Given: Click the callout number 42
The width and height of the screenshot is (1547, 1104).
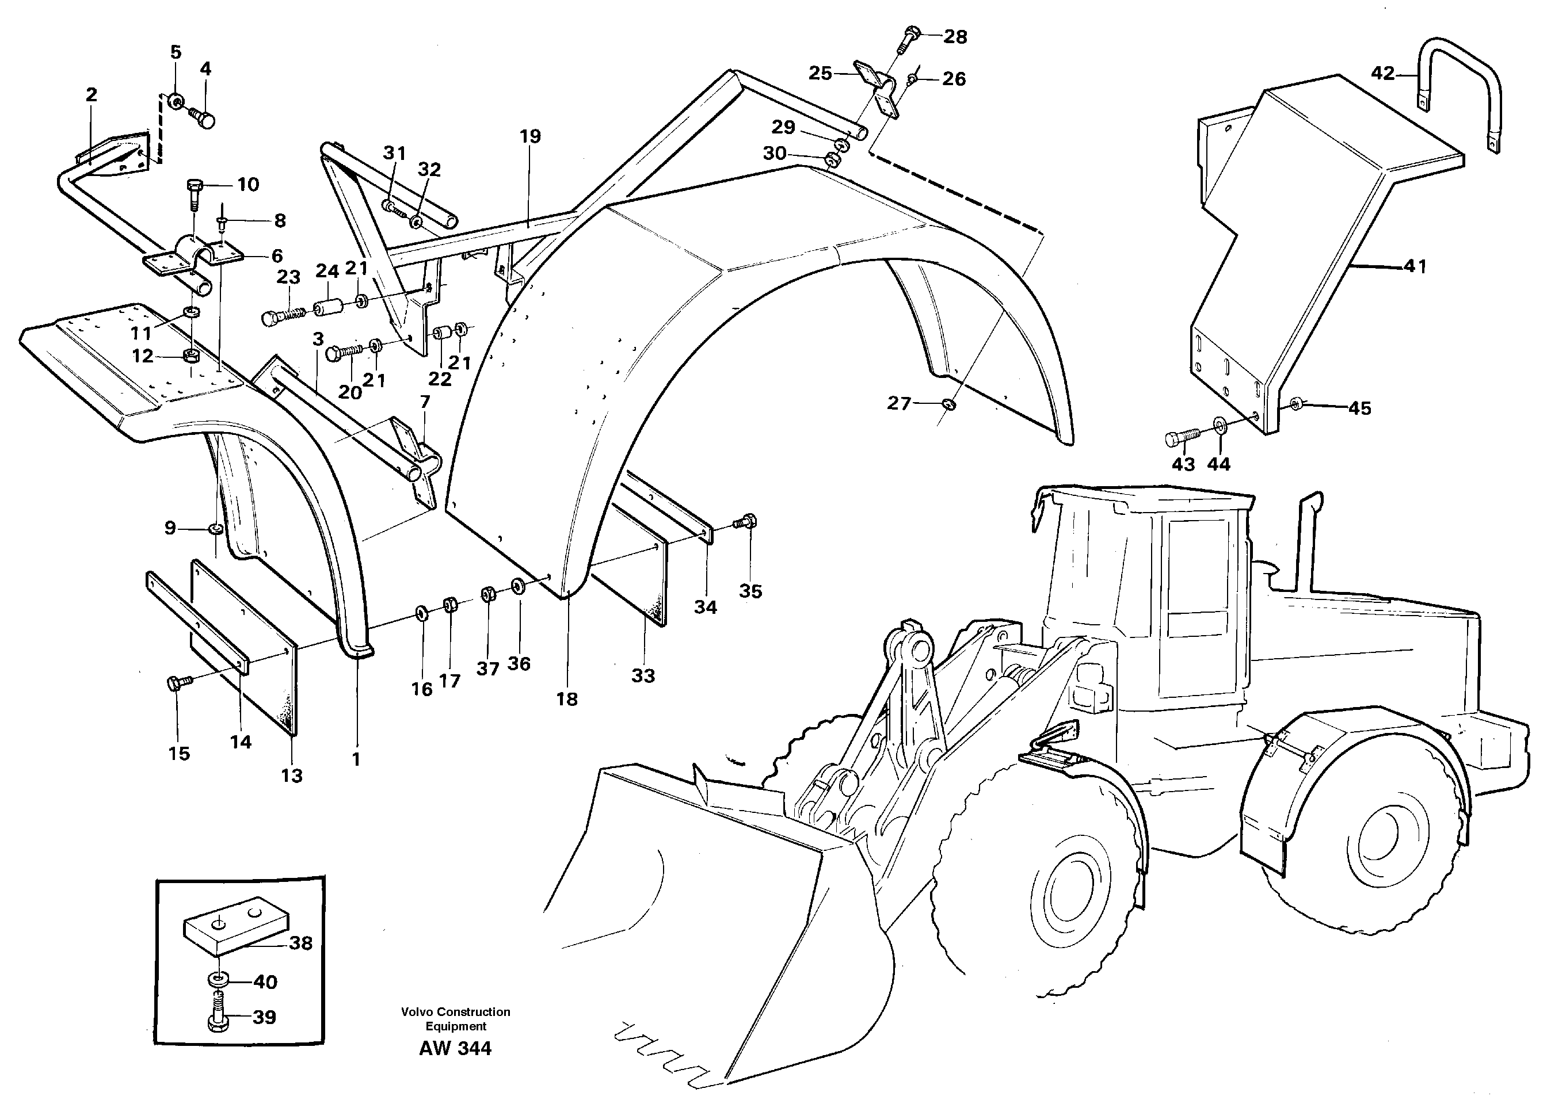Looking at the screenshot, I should point(1382,72).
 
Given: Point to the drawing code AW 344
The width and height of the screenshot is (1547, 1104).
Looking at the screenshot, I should point(455,1048).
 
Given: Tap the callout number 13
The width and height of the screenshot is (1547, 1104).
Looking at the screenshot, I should point(292,776).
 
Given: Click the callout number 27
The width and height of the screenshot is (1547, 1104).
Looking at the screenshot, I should point(898,403).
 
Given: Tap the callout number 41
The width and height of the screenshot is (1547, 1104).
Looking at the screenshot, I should point(1415,266).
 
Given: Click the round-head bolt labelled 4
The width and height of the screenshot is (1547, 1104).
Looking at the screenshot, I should point(203,120).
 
